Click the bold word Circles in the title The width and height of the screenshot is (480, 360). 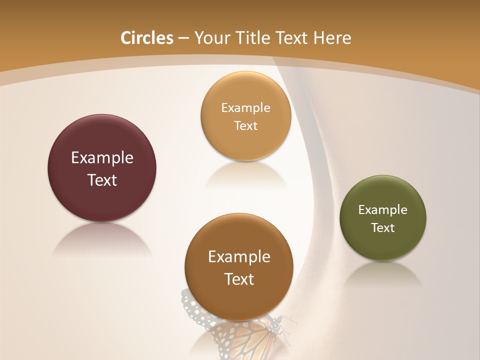point(147,38)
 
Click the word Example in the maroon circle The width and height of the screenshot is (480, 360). point(102,157)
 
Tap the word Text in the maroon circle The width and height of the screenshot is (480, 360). point(102,180)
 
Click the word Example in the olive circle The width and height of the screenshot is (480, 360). point(383,210)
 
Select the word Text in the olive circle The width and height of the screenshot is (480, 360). point(383,228)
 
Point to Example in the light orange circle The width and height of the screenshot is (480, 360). point(245,108)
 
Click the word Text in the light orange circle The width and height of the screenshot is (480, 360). point(245,126)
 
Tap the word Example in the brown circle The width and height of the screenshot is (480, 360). point(239,256)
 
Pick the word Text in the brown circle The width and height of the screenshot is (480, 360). point(239,279)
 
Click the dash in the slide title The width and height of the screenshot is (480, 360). point(183,38)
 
